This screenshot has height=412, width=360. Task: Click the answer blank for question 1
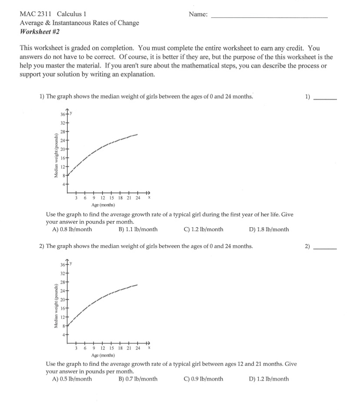click(325, 99)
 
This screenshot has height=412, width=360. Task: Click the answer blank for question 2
click(325, 249)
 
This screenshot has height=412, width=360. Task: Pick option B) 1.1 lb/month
click(138, 229)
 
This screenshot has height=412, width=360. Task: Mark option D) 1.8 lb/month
click(269, 229)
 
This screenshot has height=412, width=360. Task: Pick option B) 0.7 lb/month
click(138, 379)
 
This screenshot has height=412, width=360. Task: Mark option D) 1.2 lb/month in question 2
click(269, 379)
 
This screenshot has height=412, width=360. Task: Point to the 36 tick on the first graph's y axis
click(63, 115)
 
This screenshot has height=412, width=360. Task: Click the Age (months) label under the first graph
click(103, 204)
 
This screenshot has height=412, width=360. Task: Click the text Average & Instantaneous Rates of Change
click(80, 23)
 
